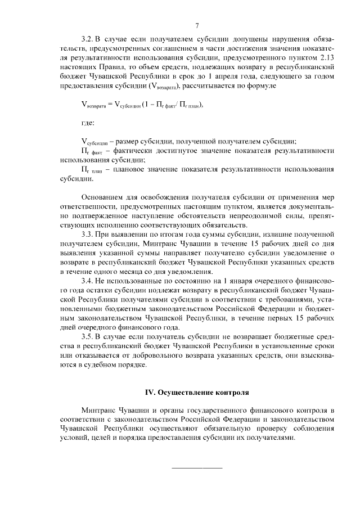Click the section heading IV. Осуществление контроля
coord(196,391)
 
